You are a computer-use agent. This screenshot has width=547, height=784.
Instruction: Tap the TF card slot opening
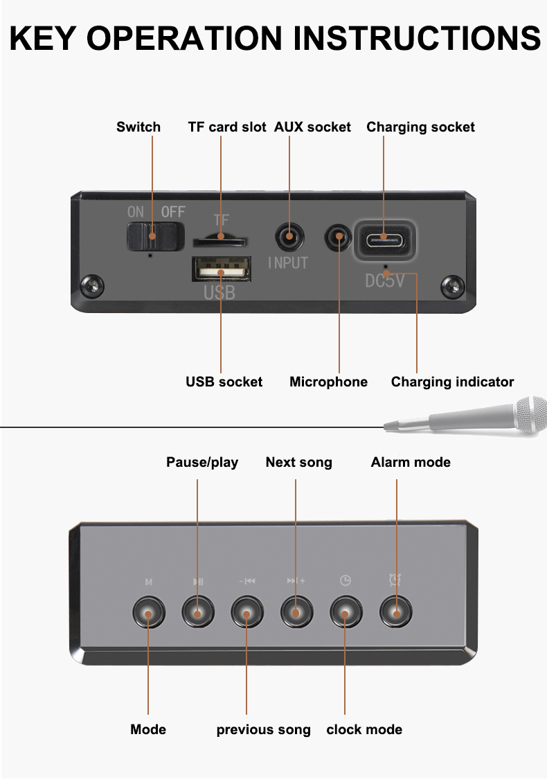click(x=220, y=241)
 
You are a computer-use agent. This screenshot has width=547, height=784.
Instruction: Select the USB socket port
click(x=219, y=269)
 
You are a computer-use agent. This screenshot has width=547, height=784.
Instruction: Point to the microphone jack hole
click(x=339, y=238)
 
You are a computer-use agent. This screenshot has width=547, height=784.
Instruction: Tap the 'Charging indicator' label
click(x=452, y=382)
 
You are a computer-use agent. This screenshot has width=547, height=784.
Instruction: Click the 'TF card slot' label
click(x=227, y=127)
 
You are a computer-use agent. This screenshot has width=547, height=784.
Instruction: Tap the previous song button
click(x=247, y=612)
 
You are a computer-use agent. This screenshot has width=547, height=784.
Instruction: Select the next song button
click(x=296, y=612)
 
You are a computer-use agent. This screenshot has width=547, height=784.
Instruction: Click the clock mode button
click(x=346, y=612)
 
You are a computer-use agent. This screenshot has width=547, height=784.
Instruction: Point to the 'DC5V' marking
click(x=385, y=281)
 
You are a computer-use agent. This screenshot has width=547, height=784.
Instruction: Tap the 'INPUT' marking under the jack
click(x=287, y=263)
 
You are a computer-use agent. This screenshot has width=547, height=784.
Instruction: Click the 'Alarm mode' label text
click(x=411, y=462)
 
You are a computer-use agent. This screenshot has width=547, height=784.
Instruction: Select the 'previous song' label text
click(x=263, y=729)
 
